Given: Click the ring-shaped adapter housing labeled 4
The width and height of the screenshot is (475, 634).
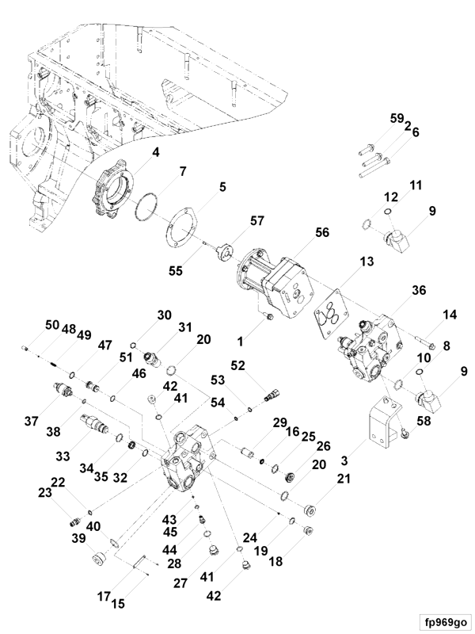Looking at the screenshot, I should (116, 189).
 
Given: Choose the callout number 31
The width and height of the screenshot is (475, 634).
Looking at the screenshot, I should (184, 327).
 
